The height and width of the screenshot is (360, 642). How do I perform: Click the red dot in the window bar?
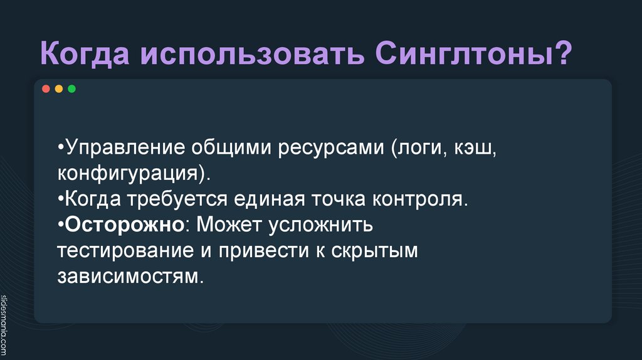[x=46, y=89]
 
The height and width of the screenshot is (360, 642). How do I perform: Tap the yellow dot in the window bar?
[x=58, y=89]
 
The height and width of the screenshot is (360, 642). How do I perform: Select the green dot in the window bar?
[x=71, y=89]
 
